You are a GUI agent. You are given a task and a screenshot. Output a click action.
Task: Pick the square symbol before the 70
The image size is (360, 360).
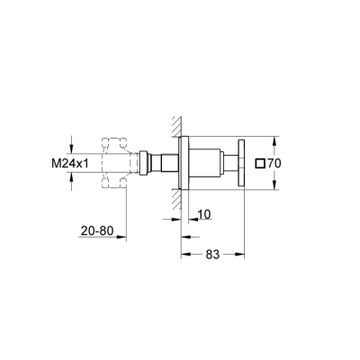pos(261,163)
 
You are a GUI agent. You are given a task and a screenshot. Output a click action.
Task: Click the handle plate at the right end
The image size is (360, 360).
pos(242,163)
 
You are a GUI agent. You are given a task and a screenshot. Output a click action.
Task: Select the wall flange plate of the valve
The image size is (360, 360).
pos(184,163)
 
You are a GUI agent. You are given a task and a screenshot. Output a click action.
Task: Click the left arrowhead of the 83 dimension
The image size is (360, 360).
pos(185,256)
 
